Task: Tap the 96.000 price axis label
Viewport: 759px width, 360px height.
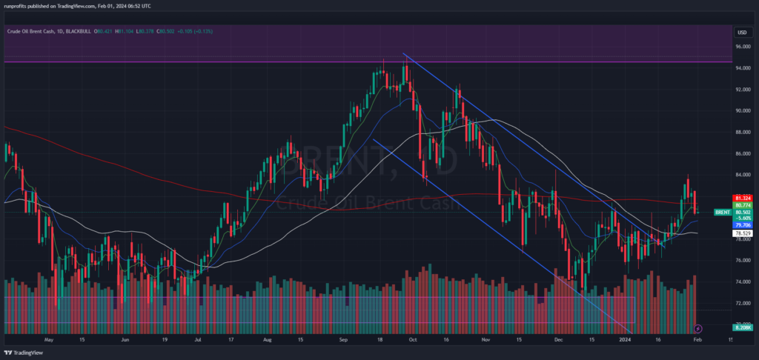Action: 743,47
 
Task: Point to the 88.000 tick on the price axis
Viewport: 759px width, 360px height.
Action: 743,133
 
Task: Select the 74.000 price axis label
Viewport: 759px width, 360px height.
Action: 743,282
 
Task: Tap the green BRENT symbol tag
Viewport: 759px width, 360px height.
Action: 723,213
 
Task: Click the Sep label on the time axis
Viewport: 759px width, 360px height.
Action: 343,340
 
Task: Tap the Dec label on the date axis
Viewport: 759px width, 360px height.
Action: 557,340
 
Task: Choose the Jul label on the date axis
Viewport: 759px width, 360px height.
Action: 198,340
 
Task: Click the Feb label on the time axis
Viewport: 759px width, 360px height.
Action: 697,340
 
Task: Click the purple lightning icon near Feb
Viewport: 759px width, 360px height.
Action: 697,327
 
